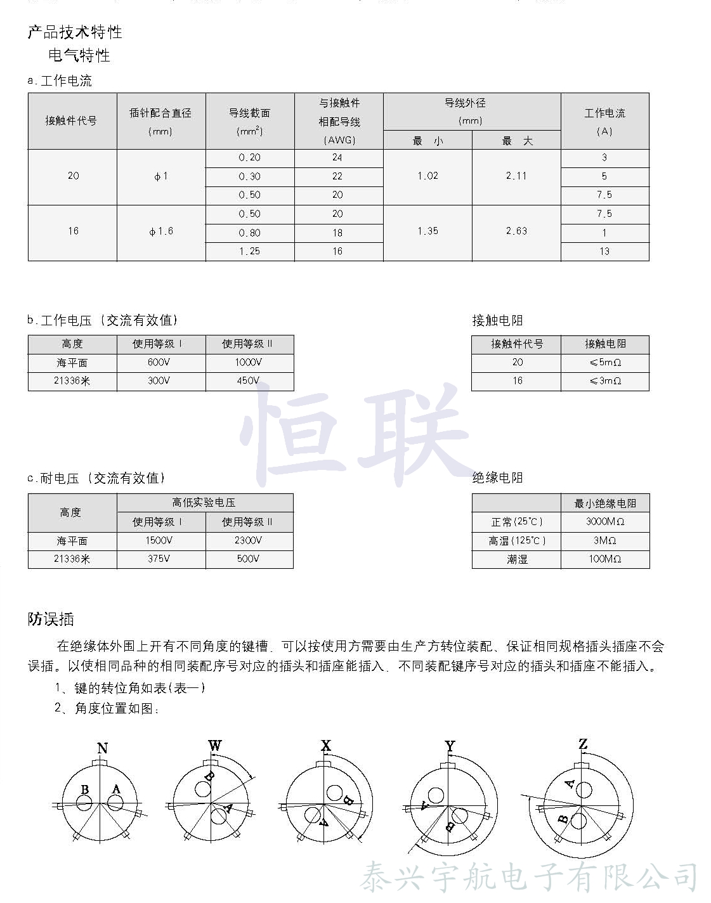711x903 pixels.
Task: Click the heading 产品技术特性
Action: pos(75,32)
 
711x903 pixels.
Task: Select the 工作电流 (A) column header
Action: pos(604,121)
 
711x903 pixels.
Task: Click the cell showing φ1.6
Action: pos(161,231)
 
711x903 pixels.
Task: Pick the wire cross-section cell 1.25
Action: pos(249,251)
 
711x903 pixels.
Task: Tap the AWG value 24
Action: pos(337,157)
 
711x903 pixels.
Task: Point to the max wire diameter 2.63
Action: pos(516,231)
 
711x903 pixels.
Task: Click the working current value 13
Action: pos(604,251)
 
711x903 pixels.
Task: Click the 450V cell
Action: pos(248,380)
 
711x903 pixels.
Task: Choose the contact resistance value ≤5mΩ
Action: pos(605,362)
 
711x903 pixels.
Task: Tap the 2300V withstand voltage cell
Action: pos(248,540)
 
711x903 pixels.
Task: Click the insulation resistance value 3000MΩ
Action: pos(605,521)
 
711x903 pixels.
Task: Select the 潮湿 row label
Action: pos(517,559)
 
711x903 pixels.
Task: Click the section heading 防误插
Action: pos(51,619)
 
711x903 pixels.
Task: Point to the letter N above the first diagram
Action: pos(102,748)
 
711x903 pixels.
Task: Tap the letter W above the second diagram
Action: pos(215,745)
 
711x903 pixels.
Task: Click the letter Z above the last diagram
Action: pos(583,744)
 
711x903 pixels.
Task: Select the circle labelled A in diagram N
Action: pos(115,803)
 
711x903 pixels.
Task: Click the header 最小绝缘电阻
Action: pos(605,503)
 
